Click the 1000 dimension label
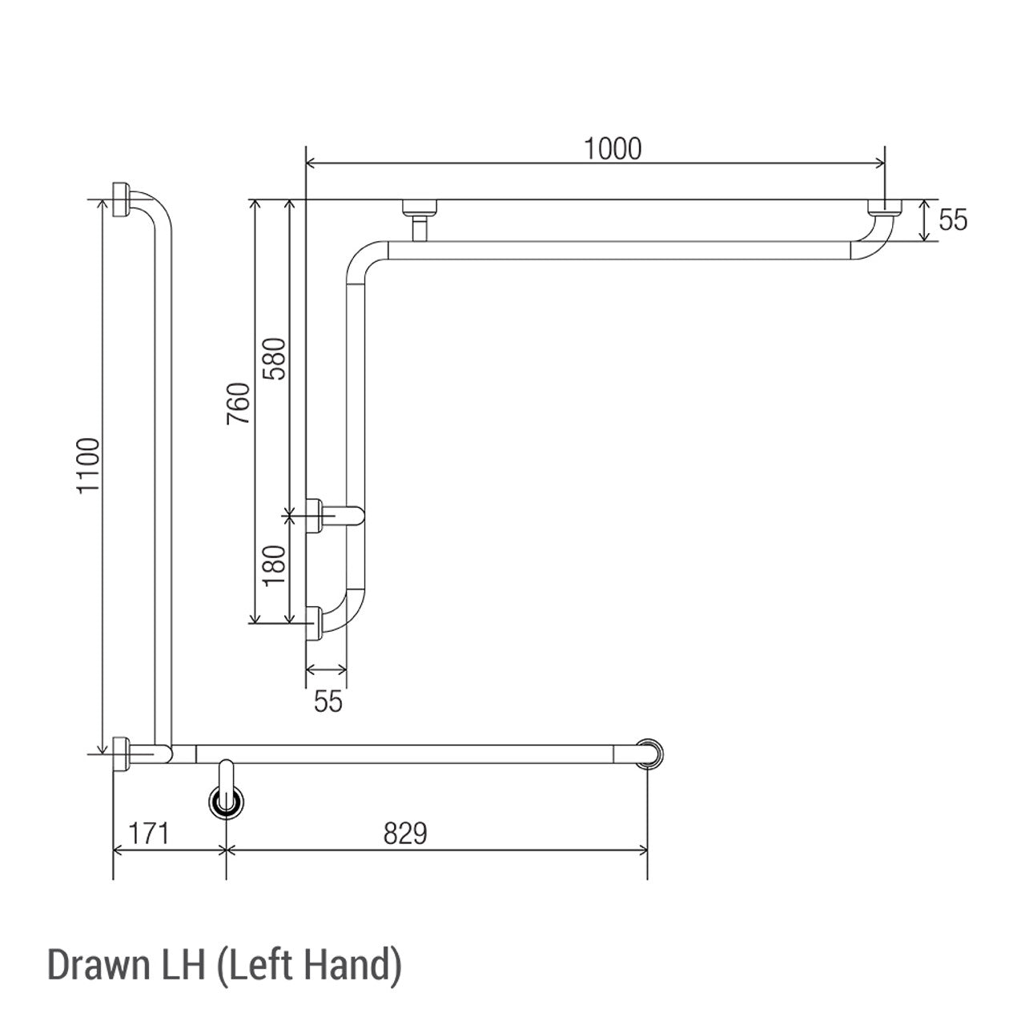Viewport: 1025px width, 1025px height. (613, 149)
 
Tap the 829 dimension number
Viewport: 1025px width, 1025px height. (405, 834)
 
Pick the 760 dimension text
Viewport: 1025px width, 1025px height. (239, 404)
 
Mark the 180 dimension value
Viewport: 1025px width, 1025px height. (275, 567)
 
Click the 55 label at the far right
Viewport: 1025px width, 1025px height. (953, 220)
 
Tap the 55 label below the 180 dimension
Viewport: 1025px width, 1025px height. (328, 701)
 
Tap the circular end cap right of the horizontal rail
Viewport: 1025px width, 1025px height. (652, 754)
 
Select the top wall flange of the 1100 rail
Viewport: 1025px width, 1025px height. (122, 199)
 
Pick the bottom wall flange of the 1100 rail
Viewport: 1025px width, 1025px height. (122, 754)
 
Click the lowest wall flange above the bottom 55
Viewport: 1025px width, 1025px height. (314, 624)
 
